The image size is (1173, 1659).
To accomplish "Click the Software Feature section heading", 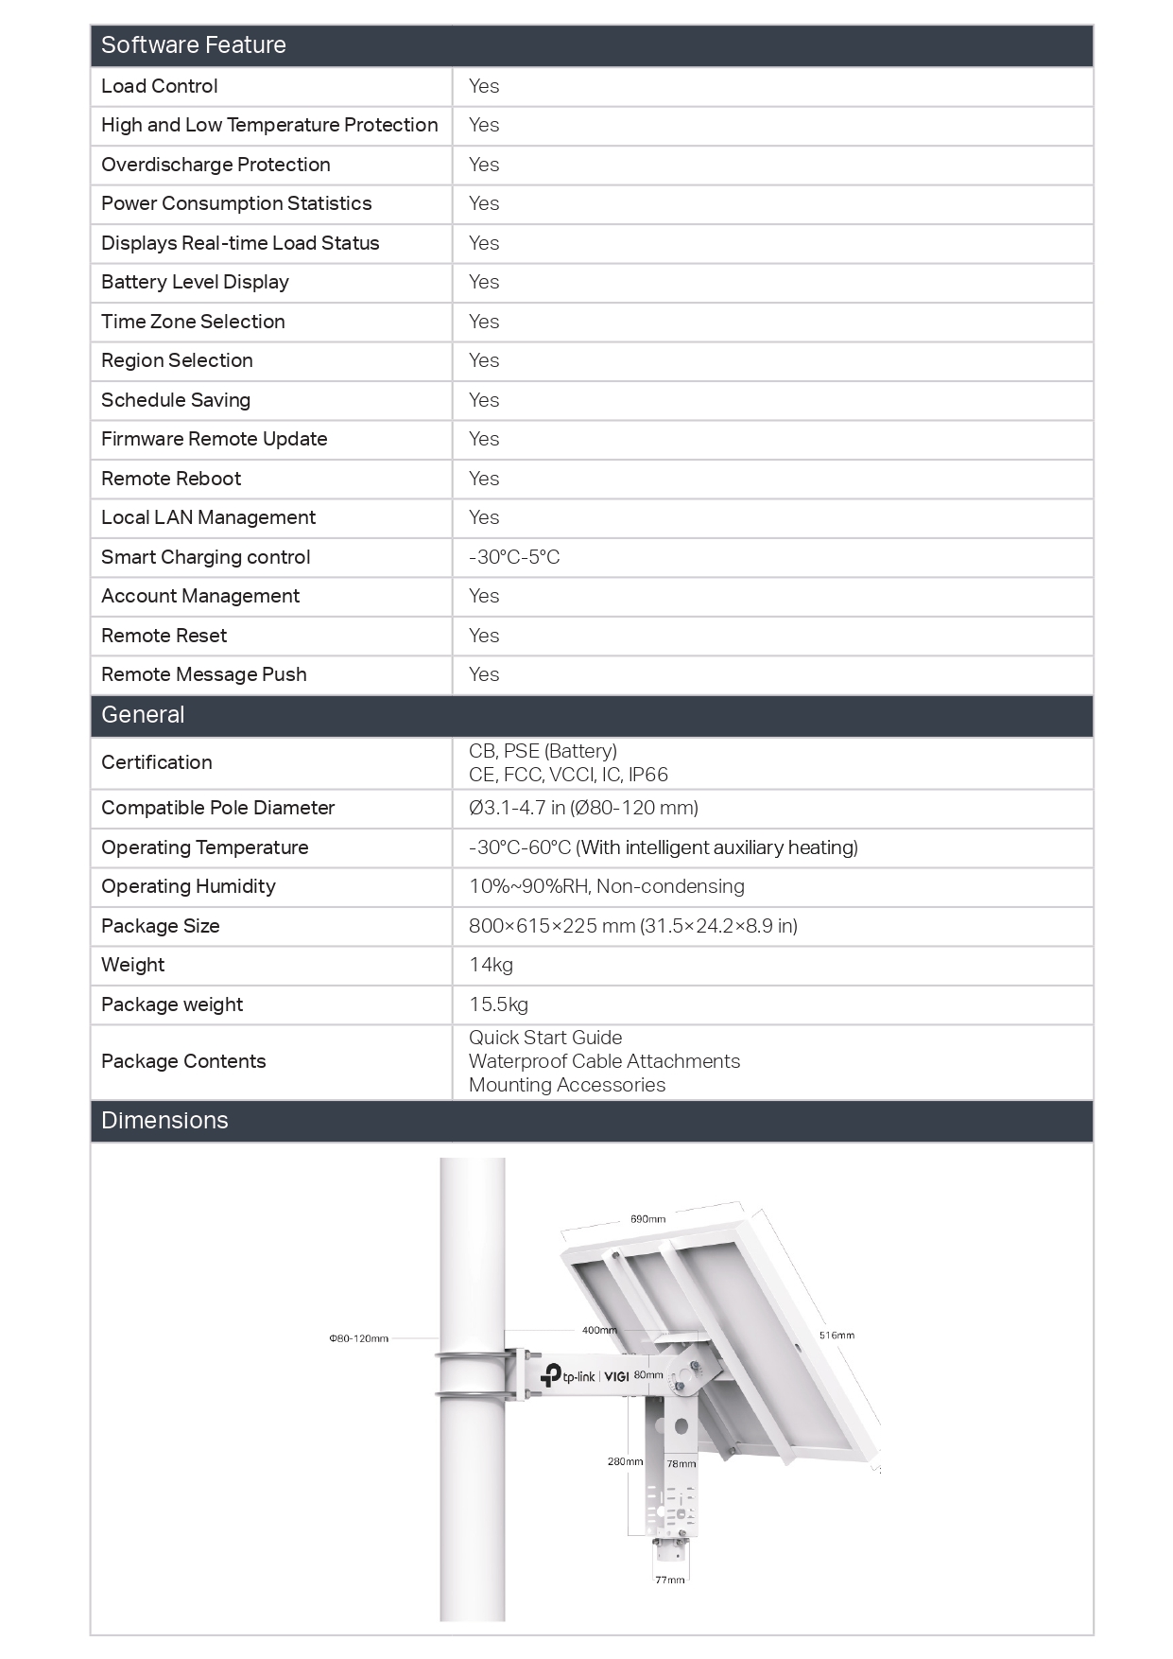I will [x=194, y=45].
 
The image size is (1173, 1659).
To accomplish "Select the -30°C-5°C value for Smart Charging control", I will [x=514, y=557].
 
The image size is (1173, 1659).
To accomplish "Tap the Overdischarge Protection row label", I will [x=216, y=165].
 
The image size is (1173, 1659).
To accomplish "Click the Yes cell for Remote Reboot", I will [x=484, y=479].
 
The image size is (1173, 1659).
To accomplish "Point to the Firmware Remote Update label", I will [x=214, y=439].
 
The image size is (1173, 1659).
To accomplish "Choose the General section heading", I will [x=143, y=715].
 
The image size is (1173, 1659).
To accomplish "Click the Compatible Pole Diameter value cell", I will [x=583, y=808].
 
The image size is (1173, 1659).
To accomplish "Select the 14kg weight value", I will [x=491, y=965].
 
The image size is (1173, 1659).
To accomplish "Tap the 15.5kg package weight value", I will [x=498, y=1004].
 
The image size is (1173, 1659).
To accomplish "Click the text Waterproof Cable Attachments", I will [x=604, y=1061].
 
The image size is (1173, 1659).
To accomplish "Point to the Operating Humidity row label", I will [x=188, y=886].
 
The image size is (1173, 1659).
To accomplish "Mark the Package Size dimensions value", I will [x=632, y=926].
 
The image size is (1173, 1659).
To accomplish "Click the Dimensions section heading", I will [x=164, y=1121].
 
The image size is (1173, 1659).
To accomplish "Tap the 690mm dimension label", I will [x=647, y=1219].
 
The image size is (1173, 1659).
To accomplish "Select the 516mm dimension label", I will [x=837, y=1336].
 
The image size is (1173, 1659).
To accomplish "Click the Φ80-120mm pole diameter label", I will [x=358, y=1338].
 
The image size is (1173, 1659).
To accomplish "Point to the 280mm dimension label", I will [x=625, y=1461].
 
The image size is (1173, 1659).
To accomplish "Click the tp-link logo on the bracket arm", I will [x=567, y=1376].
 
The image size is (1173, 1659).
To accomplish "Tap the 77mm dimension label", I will [x=669, y=1580].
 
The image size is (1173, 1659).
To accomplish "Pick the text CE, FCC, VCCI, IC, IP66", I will [x=568, y=775].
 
